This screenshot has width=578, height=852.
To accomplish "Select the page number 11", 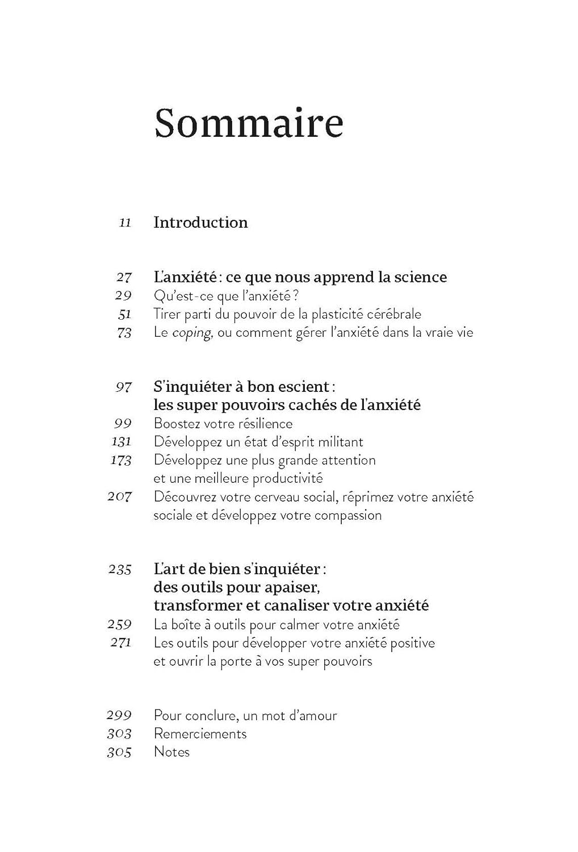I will click(125, 223).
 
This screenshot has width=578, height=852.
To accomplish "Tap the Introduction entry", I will click(200, 222).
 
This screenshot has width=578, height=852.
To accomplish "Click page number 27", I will click(124, 277).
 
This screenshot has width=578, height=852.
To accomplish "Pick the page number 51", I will click(125, 314).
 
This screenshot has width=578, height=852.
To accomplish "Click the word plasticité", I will click(320, 314).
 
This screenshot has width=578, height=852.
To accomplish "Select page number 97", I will click(124, 387).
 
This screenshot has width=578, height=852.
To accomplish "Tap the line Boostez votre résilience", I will click(223, 424).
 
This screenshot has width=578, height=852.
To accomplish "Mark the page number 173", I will click(121, 460).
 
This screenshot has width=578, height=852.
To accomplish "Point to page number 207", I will click(120, 497).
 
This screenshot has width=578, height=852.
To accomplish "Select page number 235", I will click(120, 569).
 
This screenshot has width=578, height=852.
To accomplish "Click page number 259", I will click(120, 625).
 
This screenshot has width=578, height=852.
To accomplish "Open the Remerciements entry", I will click(200, 734).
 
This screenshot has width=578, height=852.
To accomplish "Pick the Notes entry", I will click(171, 752).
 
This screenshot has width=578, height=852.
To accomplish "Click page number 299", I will click(119, 716).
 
